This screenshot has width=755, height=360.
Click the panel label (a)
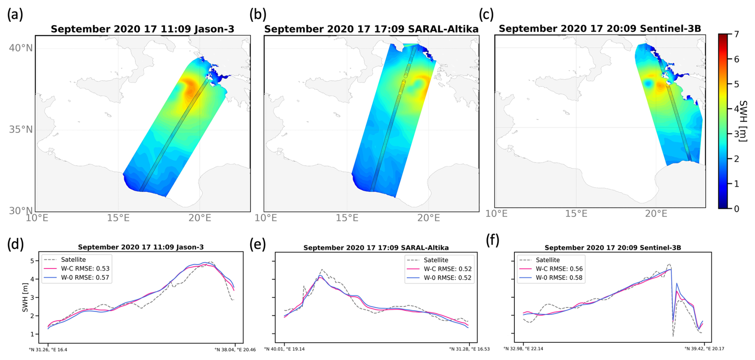click(x=15, y=15)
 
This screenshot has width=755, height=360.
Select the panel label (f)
click(x=493, y=241)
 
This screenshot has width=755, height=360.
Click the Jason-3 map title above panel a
click(x=142, y=29)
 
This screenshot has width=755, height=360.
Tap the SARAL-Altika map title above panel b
click(x=371, y=29)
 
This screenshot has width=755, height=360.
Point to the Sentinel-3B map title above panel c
click(x=600, y=29)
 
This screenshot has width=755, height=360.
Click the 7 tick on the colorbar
click(x=736, y=34)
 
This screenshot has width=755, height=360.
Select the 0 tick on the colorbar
click(x=736, y=209)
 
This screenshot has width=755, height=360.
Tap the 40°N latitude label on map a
click(x=21, y=48)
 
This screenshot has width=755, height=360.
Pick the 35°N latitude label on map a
click(x=21, y=130)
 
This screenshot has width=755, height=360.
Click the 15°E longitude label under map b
click(x=347, y=218)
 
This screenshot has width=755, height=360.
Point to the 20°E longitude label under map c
click(x=656, y=214)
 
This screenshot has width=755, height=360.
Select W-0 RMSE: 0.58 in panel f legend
click(x=559, y=278)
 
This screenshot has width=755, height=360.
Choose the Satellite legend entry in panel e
click(x=436, y=260)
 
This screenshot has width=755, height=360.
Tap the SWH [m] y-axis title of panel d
click(x=26, y=298)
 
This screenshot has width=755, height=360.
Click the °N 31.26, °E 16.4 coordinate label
click(x=48, y=350)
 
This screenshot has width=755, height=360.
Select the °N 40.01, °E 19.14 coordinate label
click(x=284, y=349)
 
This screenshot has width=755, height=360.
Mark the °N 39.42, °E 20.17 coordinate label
click(x=704, y=348)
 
